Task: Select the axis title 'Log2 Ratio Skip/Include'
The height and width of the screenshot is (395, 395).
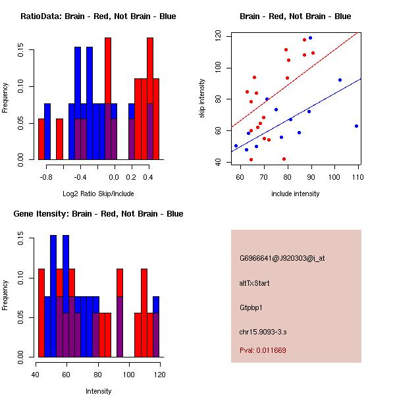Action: click(x=98, y=194)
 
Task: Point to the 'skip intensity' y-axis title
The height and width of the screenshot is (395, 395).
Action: click(x=202, y=99)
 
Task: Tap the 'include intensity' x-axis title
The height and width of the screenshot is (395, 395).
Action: click(x=296, y=194)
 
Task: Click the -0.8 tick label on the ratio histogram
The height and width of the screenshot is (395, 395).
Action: click(x=46, y=177)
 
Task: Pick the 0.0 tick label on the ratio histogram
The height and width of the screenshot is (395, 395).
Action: click(x=113, y=177)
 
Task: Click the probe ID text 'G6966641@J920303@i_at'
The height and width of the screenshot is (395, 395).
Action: click(x=282, y=258)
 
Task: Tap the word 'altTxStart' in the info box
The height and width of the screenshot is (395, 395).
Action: click(x=255, y=283)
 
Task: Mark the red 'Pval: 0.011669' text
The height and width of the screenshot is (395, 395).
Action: click(x=263, y=350)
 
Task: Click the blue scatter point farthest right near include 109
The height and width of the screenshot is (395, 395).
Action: click(x=356, y=126)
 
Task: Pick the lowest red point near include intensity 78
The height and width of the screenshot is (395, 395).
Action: click(x=284, y=159)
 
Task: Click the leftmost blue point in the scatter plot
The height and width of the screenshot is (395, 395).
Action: click(x=236, y=145)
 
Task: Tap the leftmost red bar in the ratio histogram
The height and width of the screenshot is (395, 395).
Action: click(x=41, y=139)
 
